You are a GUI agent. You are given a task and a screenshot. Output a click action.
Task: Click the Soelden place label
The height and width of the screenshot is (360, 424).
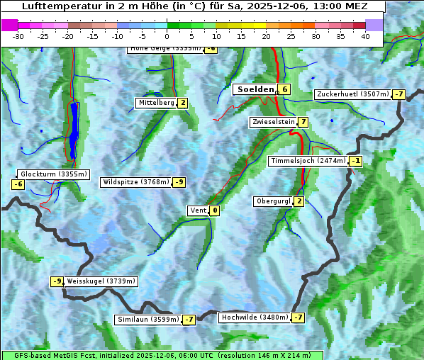(255, 89)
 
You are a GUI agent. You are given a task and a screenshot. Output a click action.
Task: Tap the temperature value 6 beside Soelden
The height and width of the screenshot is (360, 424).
(284, 89)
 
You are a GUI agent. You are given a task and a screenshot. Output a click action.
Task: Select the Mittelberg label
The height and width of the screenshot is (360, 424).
(155, 103)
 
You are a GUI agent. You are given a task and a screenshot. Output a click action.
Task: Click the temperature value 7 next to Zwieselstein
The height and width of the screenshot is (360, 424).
(303, 122)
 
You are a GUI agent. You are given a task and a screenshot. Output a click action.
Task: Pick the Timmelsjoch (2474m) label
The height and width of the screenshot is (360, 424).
(308, 161)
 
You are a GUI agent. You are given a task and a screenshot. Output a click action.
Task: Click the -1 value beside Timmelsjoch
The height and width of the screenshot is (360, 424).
(355, 161)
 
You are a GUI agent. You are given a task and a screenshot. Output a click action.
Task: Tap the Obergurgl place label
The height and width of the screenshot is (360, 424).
(272, 201)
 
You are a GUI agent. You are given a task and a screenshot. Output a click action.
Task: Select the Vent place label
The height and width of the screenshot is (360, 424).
(197, 210)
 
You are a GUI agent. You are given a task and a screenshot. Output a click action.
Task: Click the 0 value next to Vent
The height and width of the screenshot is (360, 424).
(214, 210)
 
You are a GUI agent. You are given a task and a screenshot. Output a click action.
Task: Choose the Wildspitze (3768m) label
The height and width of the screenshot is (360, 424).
(136, 182)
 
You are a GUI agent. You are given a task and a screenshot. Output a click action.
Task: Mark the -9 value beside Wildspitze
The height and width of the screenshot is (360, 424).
(179, 182)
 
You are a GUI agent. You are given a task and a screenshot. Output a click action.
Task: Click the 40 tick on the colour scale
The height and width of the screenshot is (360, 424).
(365, 36)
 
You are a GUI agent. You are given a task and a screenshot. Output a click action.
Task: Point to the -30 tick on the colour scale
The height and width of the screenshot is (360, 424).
(18, 36)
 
